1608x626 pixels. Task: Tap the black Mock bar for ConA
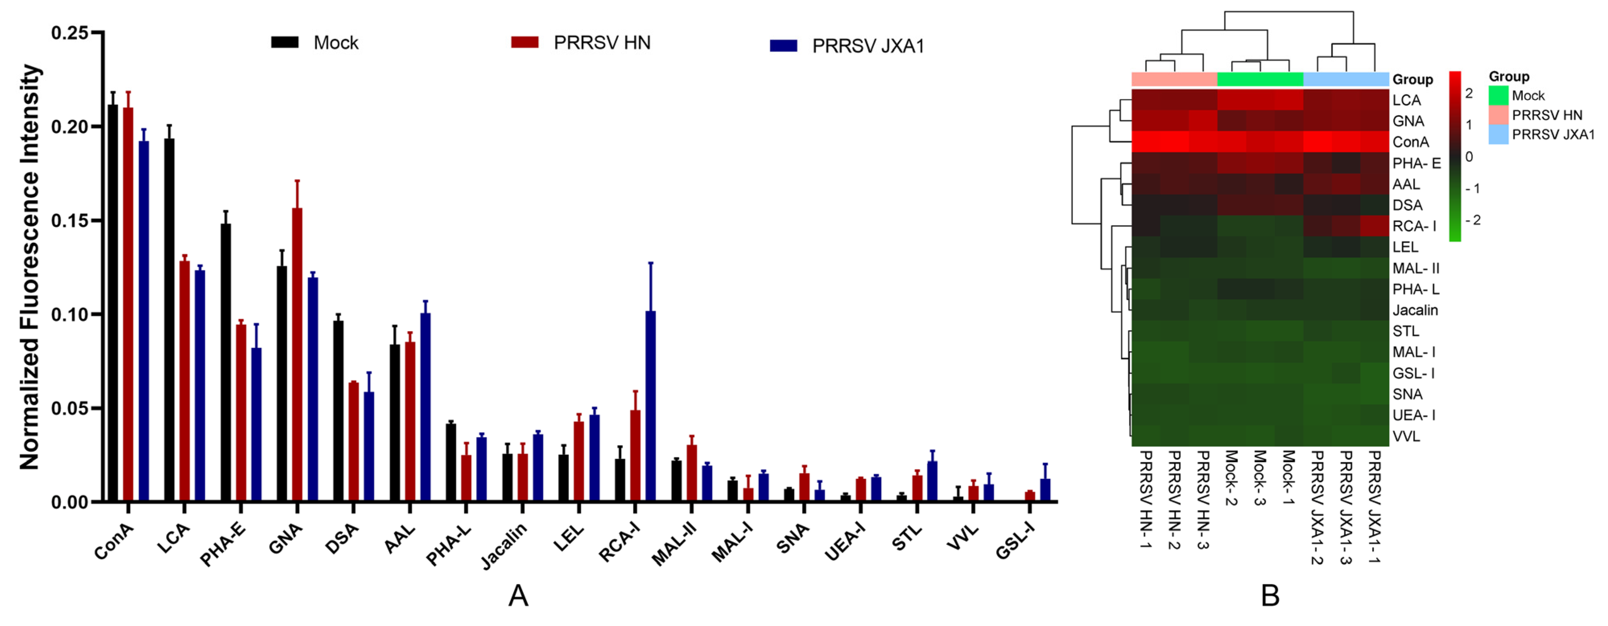click(113, 303)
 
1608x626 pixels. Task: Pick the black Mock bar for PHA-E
click(225, 363)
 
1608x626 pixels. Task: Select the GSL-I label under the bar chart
click(1015, 541)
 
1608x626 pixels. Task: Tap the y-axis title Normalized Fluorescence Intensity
click(29, 267)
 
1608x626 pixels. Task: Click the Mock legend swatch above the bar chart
click(285, 42)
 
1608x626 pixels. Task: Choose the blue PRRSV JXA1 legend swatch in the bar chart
click(783, 46)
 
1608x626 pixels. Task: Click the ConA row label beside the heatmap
click(1410, 143)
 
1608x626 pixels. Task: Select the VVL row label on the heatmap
click(1406, 437)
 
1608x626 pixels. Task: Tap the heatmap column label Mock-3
click(1260, 477)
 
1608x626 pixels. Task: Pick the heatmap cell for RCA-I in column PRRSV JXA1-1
click(1375, 226)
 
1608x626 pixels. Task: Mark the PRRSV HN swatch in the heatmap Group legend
click(1498, 115)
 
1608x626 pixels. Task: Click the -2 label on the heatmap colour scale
click(1473, 220)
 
